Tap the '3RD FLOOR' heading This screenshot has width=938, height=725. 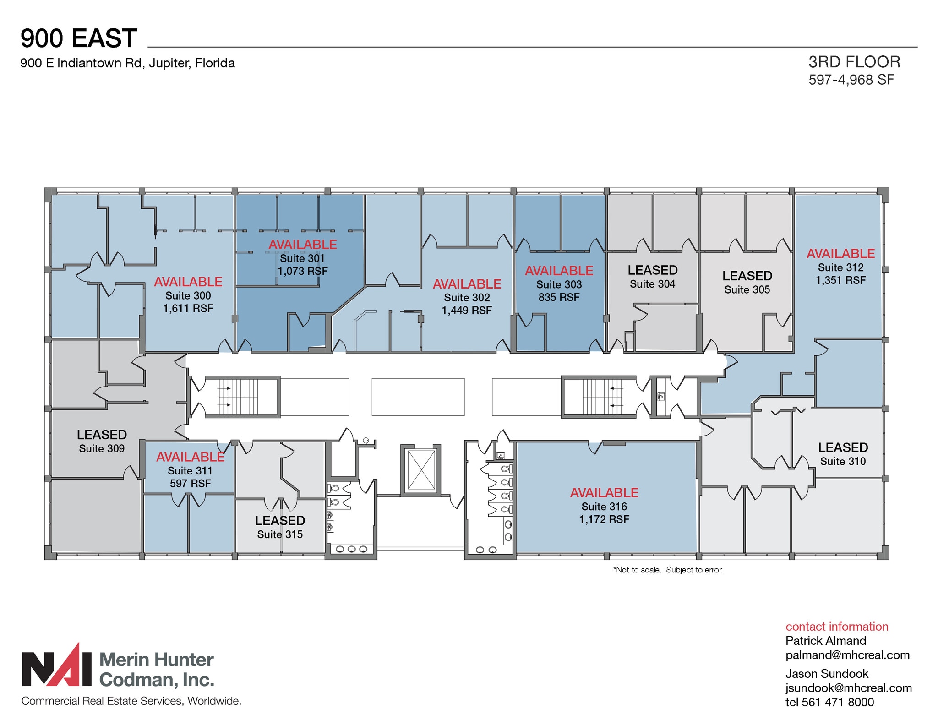point(854,62)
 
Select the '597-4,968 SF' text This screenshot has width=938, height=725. point(851,80)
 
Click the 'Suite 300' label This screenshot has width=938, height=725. point(188,295)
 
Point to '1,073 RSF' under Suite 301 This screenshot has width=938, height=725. point(302,271)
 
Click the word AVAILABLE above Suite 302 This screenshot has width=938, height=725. point(467,284)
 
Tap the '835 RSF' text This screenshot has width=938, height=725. point(559,297)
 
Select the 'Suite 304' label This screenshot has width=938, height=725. point(652,284)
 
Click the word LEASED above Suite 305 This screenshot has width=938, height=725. point(747,276)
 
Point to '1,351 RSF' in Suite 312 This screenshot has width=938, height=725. point(840,280)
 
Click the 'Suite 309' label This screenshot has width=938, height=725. point(102,448)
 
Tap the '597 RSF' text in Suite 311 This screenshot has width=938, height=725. point(190,483)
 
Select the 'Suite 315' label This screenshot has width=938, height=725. point(280,534)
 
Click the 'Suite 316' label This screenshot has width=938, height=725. point(604,507)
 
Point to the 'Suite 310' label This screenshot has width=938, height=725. point(843,461)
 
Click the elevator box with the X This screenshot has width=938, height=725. point(421,469)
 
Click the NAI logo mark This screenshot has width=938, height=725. point(57,667)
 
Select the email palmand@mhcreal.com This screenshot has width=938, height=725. point(847,655)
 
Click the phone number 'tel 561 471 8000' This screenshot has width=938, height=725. point(829,702)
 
